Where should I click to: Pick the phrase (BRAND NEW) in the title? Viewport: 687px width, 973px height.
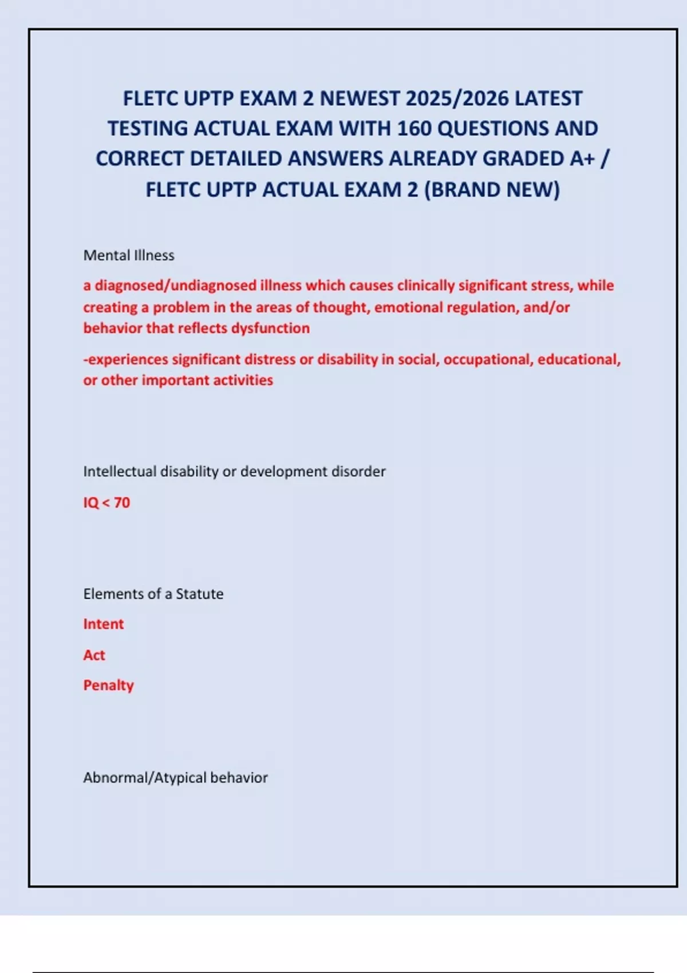click(x=492, y=189)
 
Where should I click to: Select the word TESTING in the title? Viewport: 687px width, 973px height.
click(x=147, y=129)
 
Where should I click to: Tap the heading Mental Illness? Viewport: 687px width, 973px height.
click(x=129, y=255)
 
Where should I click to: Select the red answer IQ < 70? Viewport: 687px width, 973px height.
click(x=106, y=503)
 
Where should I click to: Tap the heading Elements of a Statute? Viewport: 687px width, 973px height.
click(x=153, y=594)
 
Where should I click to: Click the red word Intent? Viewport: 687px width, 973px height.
click(x=104, y=624)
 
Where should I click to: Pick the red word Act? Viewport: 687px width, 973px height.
click(x=94, y=655)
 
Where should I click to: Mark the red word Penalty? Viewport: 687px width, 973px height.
click(x=109, y=685)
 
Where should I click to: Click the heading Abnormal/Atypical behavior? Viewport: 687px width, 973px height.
click(x=175, y=778)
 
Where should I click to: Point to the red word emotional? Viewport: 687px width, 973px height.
click(x=407, y=307)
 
